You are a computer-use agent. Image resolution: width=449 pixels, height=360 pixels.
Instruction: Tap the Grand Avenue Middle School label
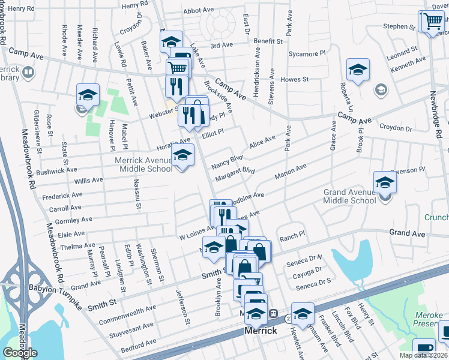click(350, 196)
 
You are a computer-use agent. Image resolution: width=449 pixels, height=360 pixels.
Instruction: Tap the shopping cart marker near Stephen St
click(432, 22)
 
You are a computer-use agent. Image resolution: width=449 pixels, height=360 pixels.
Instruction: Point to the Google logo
click(20, 353)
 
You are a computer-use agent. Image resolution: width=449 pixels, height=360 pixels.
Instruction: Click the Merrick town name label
click(261, 331)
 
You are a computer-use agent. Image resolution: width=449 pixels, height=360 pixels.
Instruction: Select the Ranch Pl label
click(292, 238)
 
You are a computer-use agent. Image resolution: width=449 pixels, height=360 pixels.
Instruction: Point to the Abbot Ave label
click(199, 10)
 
